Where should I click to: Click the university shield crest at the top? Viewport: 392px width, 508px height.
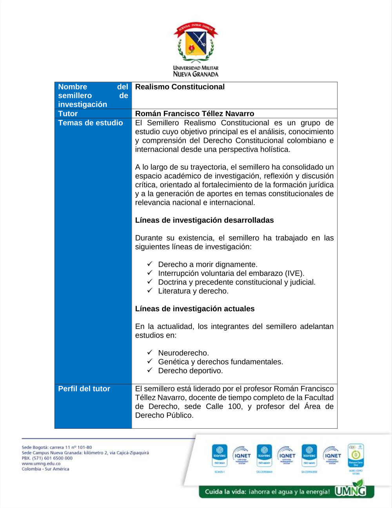point(196,43)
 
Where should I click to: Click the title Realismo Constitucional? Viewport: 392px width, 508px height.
point(180,87)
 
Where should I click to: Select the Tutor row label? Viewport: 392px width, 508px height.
point(68,113)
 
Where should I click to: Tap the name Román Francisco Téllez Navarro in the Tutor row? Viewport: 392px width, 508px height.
point(194,113)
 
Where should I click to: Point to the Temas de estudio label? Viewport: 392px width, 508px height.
point(91,123)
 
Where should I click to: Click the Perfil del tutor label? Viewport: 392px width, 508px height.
point(84,389)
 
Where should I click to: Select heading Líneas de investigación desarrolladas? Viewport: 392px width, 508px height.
point(204,220)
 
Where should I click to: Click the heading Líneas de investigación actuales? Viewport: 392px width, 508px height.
point(195,309)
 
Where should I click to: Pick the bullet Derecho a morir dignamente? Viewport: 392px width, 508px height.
point(207,265)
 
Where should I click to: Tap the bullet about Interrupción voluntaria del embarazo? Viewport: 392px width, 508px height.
point(231,273)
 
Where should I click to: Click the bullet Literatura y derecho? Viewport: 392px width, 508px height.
point(193,291)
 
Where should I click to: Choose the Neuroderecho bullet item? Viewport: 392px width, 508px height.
point(183,353)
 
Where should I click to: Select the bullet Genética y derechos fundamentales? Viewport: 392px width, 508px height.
point(220,362)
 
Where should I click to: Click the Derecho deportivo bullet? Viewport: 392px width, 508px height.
point(190,371)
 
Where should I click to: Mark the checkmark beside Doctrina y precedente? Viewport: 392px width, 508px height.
point(150,281)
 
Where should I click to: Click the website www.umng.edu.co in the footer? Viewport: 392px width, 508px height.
point(41,464)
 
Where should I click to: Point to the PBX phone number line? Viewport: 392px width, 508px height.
point(47,458)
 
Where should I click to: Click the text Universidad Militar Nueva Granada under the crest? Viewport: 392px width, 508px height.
point(196,71)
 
